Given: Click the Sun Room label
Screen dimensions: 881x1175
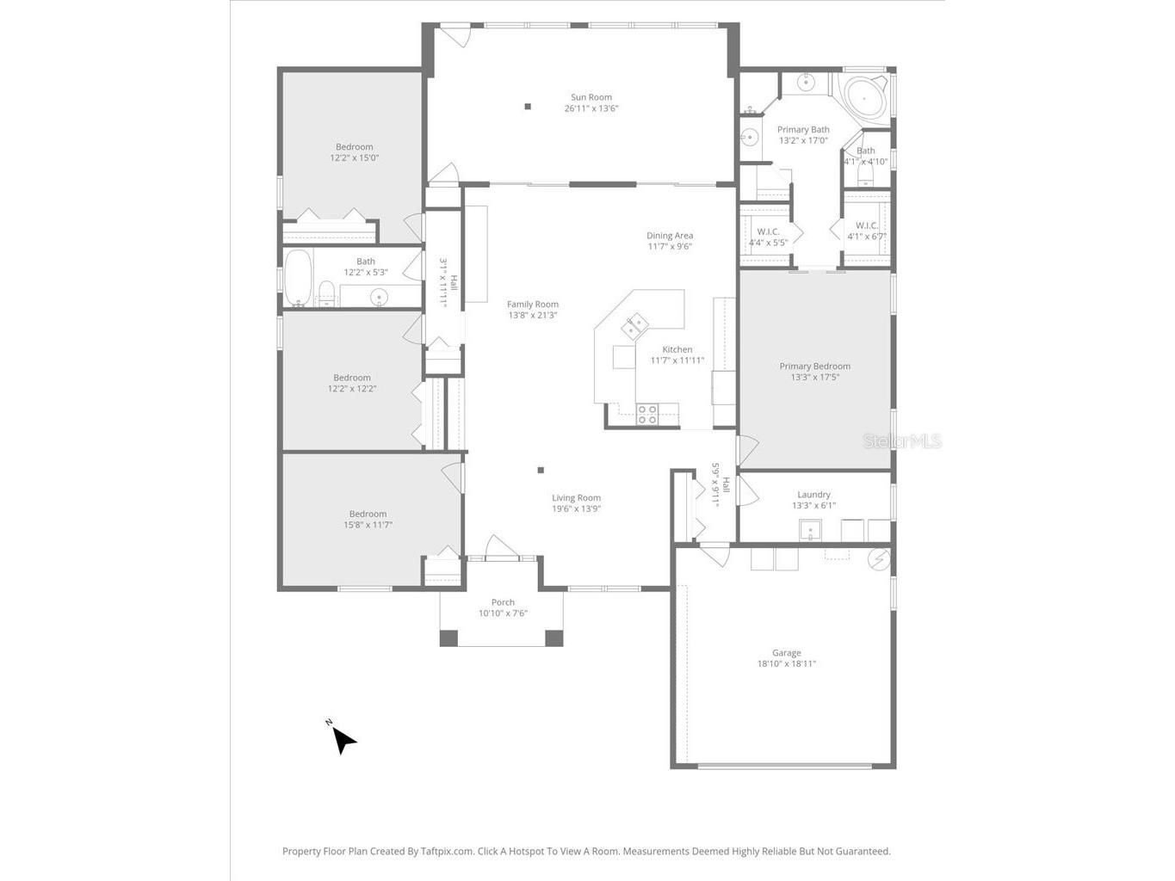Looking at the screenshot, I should [591, 97].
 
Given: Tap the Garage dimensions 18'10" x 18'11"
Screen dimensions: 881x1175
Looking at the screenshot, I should [786, 664].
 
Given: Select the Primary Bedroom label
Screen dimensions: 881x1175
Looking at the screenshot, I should [814, 366].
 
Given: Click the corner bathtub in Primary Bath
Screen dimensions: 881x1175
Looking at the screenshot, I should [863, 97].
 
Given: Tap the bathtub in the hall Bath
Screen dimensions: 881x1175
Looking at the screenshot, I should [298, 277].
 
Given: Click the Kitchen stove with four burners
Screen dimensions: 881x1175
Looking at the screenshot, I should [647, 414].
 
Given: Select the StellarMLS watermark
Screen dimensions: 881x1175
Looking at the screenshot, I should [902, 441].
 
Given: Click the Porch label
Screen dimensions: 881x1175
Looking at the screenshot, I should [503, 602].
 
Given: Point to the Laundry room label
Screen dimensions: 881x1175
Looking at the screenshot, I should [813, 495].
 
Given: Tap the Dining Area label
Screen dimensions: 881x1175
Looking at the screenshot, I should [670, 235].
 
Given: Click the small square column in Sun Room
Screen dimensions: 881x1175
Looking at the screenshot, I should [528, 107].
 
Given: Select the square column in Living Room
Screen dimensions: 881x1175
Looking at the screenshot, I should [541, 470].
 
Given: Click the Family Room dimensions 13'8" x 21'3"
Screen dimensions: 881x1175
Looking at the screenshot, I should [532, 316].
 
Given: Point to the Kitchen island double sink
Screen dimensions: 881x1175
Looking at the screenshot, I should [635, 326].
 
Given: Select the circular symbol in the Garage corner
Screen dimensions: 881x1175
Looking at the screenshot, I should [878, 559].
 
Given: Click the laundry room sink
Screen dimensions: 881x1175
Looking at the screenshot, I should [809, 531].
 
